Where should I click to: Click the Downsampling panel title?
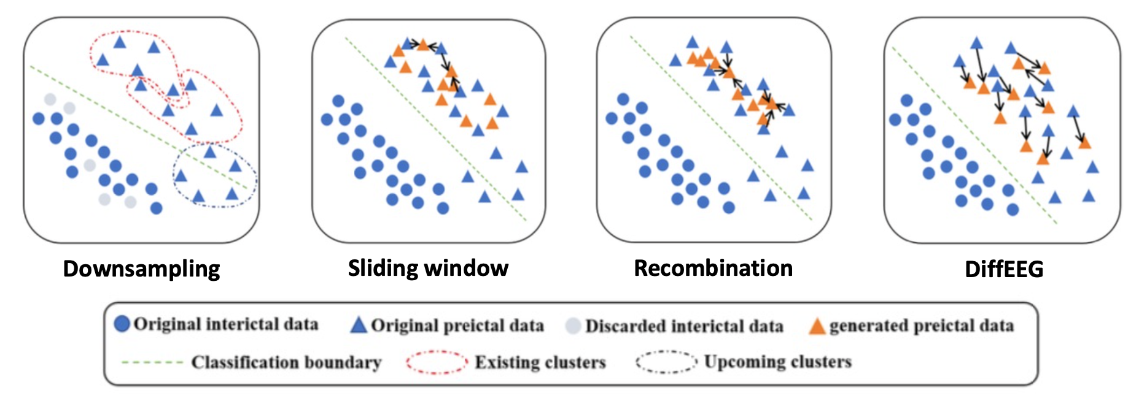tap(141, 269)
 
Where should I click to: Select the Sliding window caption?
tap(428, 268)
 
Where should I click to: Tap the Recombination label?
tap(713, 268)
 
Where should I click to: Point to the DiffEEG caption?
tap(1004, 269)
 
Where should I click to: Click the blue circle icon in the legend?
tap(122, 324)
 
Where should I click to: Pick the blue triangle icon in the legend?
tap(359, 325)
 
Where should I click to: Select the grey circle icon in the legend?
tap(573, 326)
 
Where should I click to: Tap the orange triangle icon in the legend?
tap(817, 326)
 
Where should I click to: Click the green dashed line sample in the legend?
tap(152, 362)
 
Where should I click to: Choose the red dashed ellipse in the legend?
tap(437, 362)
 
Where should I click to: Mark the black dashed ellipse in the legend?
tap(666, 362)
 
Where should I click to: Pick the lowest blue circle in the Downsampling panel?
tap(157, 208)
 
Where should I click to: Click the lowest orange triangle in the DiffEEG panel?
tap(1042, 159)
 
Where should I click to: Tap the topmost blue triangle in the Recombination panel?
tap(692, 42)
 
